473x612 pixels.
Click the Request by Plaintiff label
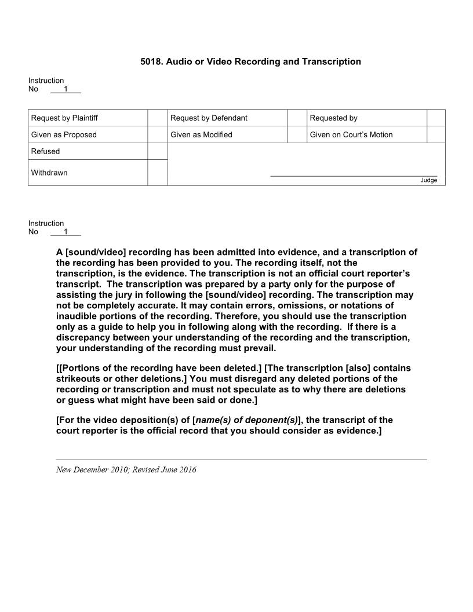[64, 118]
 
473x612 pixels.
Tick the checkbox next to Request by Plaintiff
[157, 118]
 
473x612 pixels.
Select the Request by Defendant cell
[209, 118]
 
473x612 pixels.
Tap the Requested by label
[333, 118]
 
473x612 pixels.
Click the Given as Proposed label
[64, 135]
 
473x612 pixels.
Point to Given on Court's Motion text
[351, 135]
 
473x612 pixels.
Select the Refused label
[45, 152]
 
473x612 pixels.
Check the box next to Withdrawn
[157, 173]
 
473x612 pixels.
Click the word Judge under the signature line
[428, 180]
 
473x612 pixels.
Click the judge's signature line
[354, 175]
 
